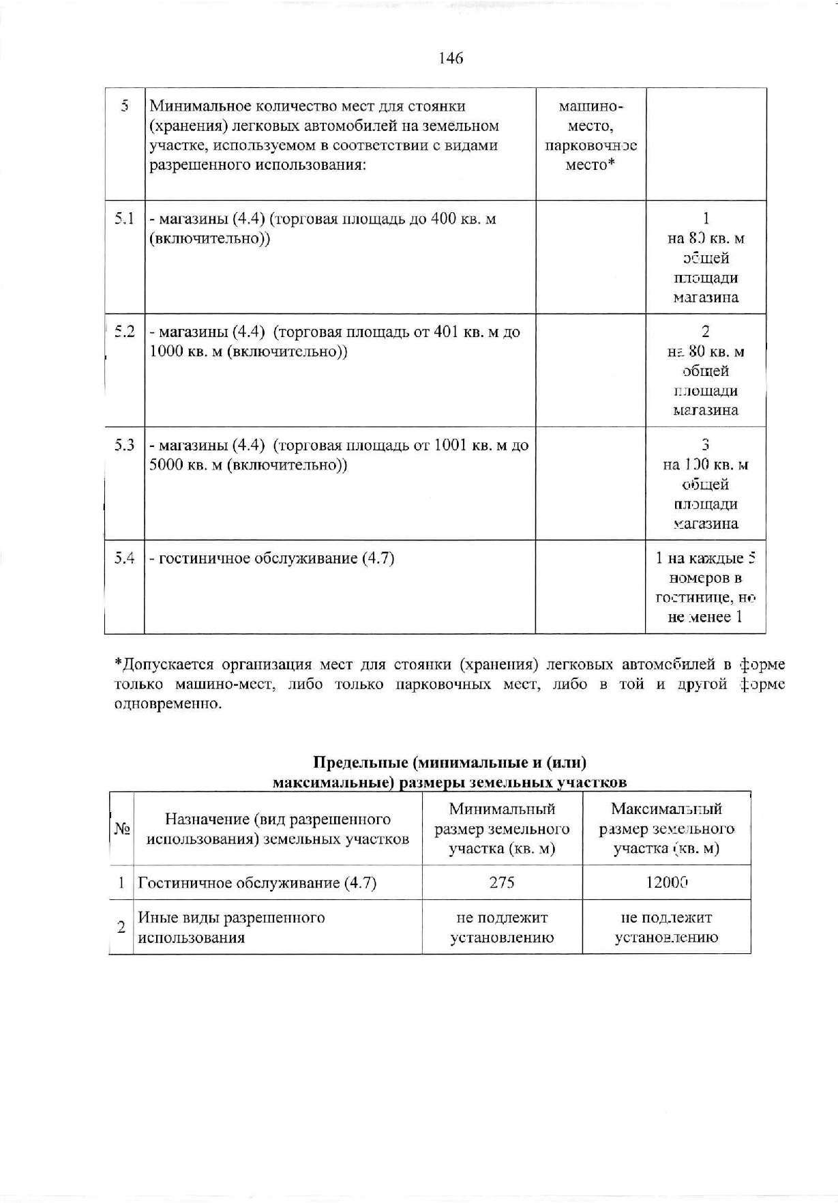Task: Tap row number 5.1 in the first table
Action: tap(124, 219)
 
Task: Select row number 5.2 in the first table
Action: tap(124, 332)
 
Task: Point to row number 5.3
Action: tap(124, 446)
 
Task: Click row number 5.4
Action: tap(124, 559)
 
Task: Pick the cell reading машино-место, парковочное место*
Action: tap(590, 136)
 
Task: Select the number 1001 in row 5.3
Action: tap(460, 446)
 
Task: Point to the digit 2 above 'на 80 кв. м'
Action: tap(706, 332)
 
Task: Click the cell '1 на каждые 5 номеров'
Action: tap(706, 588)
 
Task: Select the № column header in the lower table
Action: tap(121, 829)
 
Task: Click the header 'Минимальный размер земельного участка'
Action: tap(502, 829)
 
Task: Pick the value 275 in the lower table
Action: tap(502, 882)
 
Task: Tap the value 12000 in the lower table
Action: tap(666, 882)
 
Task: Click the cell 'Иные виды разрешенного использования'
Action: tap(232, 927)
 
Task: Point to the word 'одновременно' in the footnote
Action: tap(168, 704)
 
